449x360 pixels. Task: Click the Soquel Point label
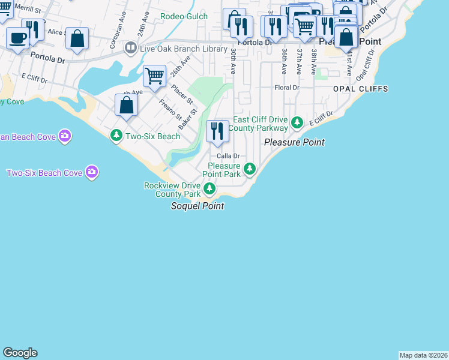pos(197,206)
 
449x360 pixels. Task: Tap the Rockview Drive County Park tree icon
pos(209,190)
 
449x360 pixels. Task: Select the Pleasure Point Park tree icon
pos(250,170)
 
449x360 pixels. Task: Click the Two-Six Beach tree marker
pos(116,136)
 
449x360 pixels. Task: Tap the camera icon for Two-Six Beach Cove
pos(91,173)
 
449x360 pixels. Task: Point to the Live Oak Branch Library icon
pos(130,47)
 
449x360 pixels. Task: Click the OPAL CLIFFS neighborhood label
pos(361,89)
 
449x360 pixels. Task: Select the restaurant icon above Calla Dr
pos(217,131)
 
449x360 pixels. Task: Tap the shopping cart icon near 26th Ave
pos(155,76)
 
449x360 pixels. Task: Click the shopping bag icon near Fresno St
pos(126,106)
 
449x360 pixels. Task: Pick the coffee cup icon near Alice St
pos(17,38)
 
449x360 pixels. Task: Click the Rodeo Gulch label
pos(184,17)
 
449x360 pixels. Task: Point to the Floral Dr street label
pos(287,88)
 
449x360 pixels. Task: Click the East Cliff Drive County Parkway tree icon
pos(297,123)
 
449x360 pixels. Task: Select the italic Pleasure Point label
pos(294,142)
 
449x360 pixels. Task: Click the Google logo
pos(20,353)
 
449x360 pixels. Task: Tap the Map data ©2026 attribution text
pos(423,355)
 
